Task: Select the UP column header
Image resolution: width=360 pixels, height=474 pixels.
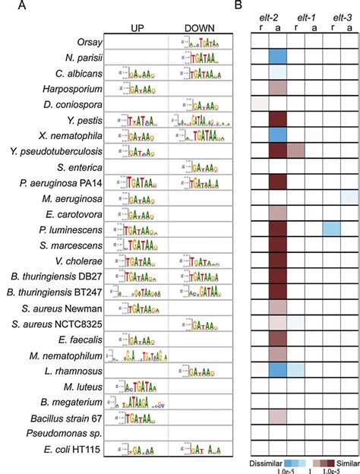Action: click(137, 28)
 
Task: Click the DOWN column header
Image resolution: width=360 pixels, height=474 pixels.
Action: click(198, 28)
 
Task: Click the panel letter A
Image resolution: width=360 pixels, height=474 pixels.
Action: click(6, 6)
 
